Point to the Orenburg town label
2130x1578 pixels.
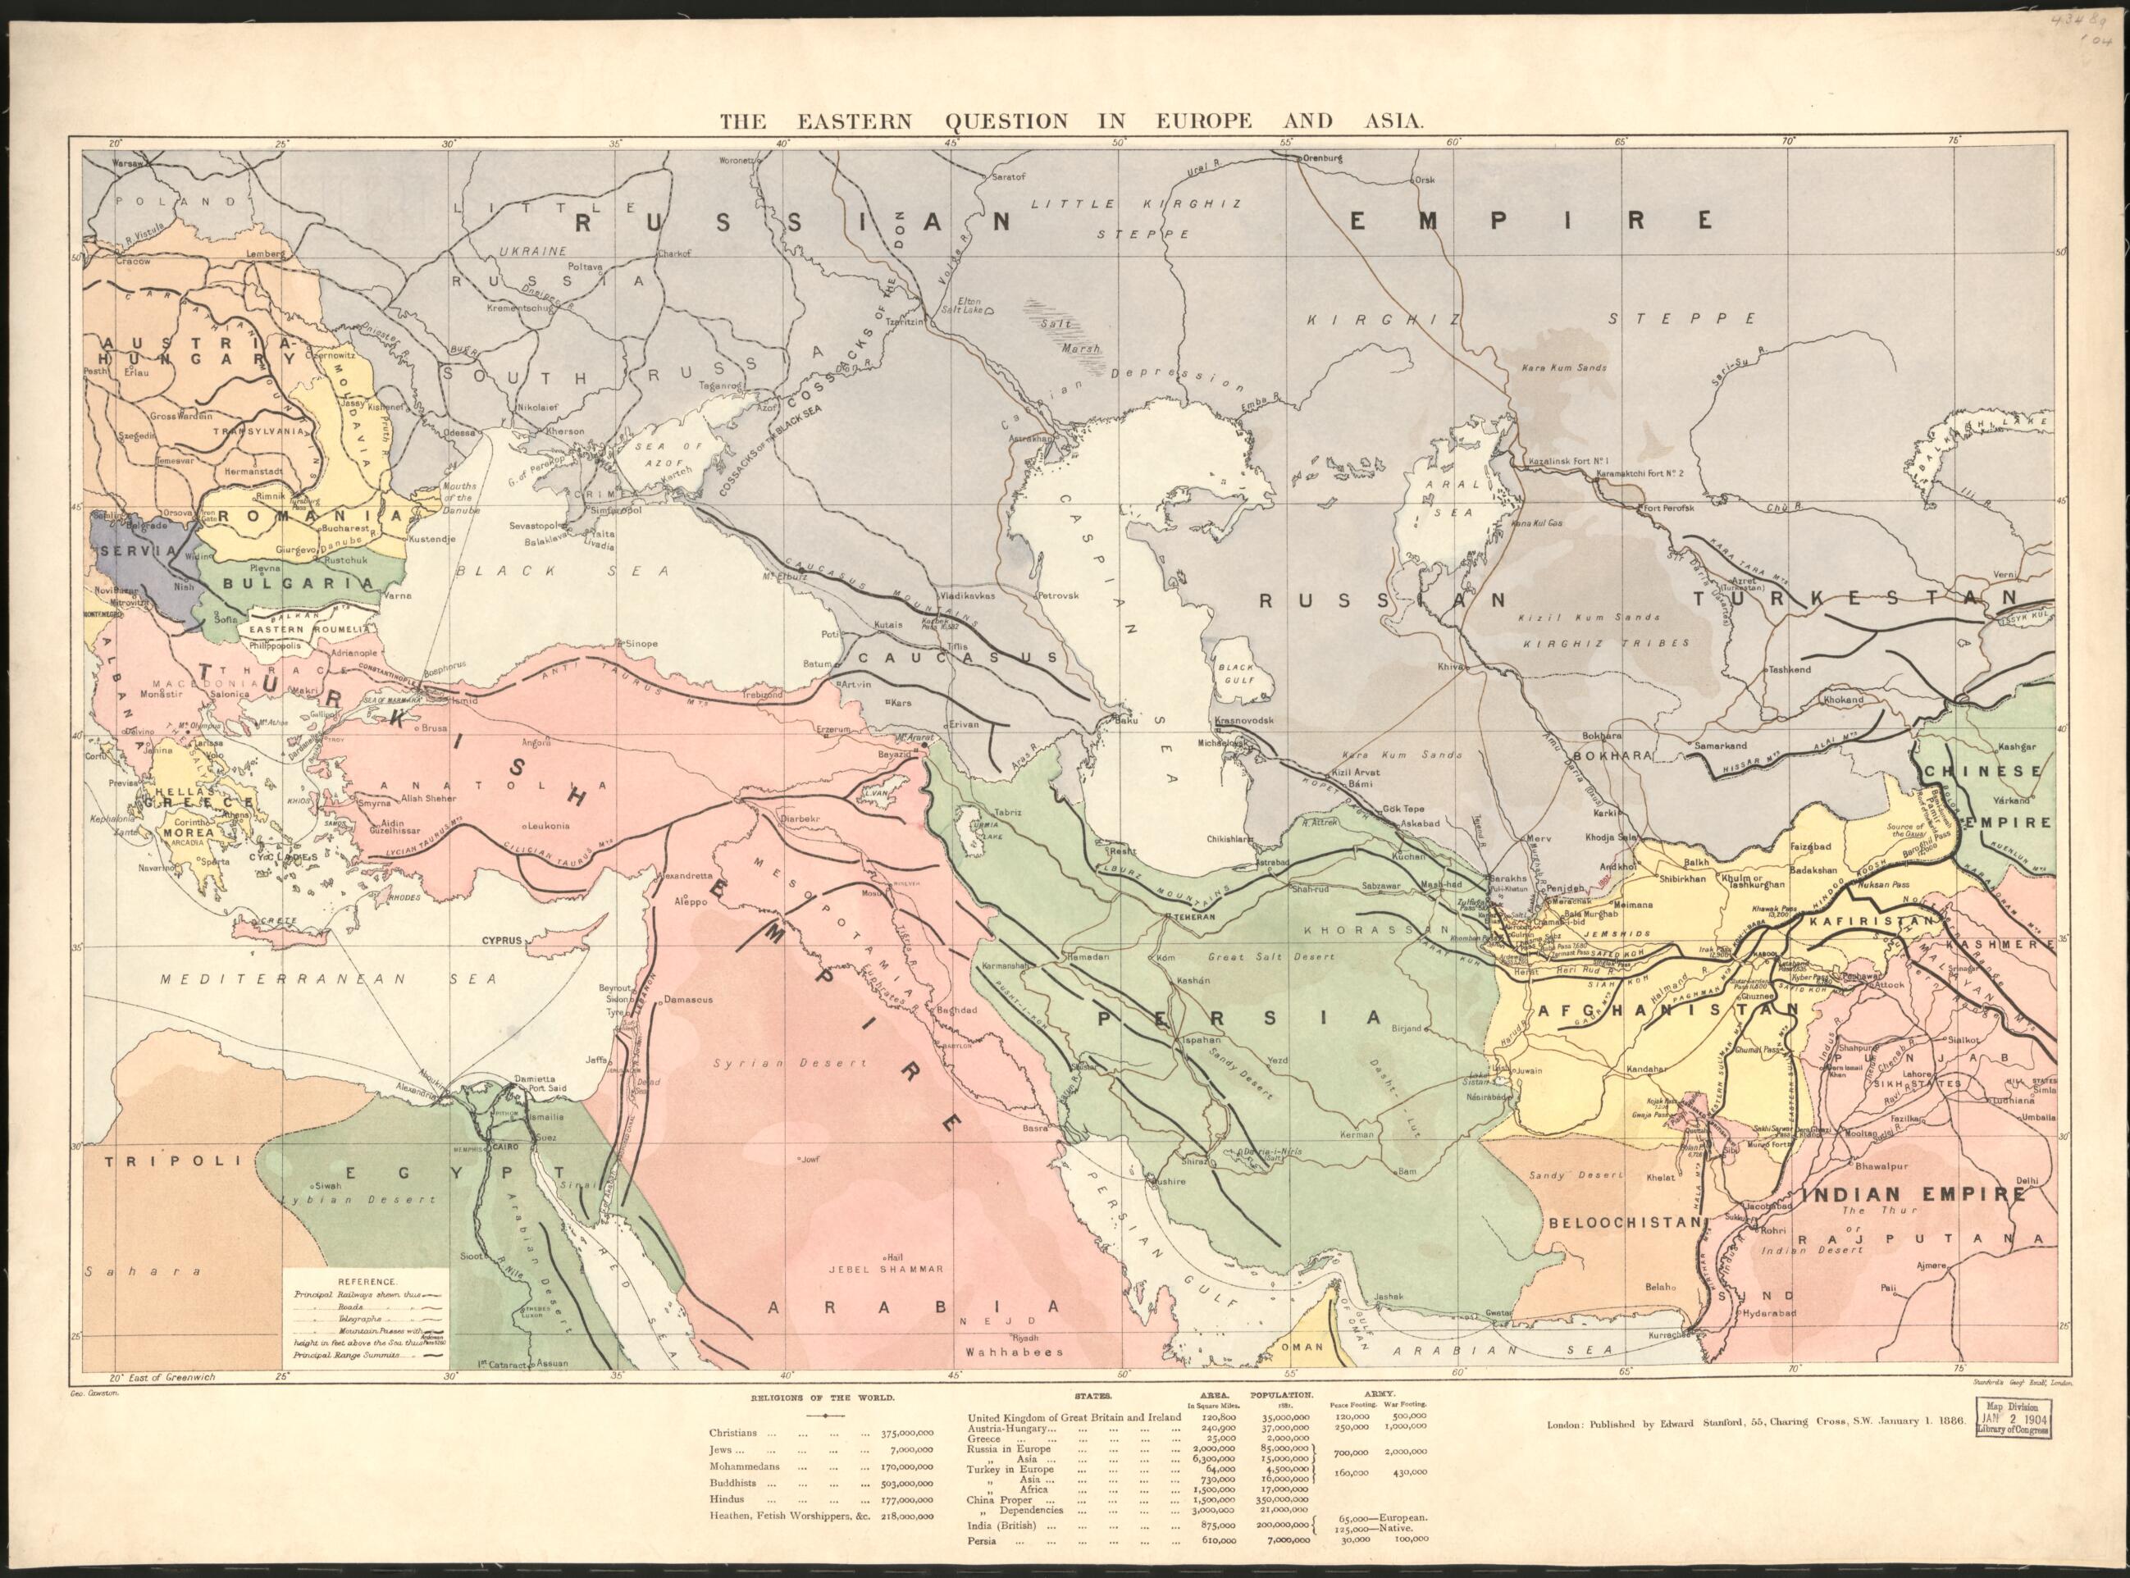[x=1322, y=158]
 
